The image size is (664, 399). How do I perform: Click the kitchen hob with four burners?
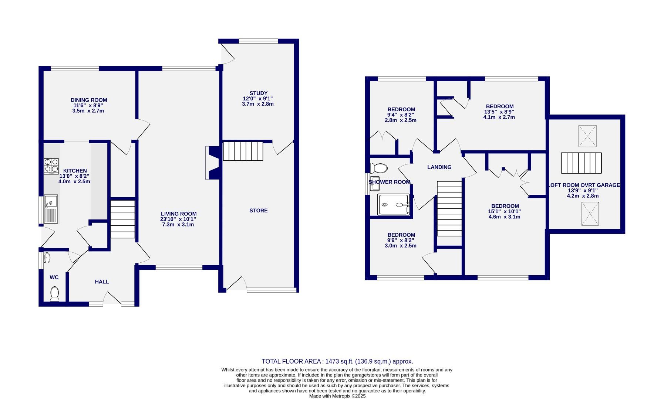[51, 166]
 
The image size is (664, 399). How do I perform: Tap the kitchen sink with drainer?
[51, 209]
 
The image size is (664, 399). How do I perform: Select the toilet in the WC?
[54, 294]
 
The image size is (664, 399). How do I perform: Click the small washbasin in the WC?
[47, 258]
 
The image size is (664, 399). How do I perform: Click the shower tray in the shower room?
[393, 204]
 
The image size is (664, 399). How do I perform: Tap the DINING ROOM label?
[89, 100]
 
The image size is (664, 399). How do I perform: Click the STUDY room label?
[258, 93]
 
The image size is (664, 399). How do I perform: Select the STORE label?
[258, 211]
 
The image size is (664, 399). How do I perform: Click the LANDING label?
[439, 167]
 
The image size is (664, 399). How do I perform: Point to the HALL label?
[102, 282]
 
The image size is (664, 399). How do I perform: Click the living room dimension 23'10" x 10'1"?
[178, 219]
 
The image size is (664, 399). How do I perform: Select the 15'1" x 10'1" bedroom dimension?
[505, 211]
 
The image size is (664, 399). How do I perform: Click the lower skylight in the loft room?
[590, 214]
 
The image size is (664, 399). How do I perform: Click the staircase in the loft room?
[581, 163]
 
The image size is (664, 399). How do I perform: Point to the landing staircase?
[449, 208]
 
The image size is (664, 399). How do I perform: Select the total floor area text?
[337, 361]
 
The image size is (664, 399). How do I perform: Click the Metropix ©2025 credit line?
[337, 396]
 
